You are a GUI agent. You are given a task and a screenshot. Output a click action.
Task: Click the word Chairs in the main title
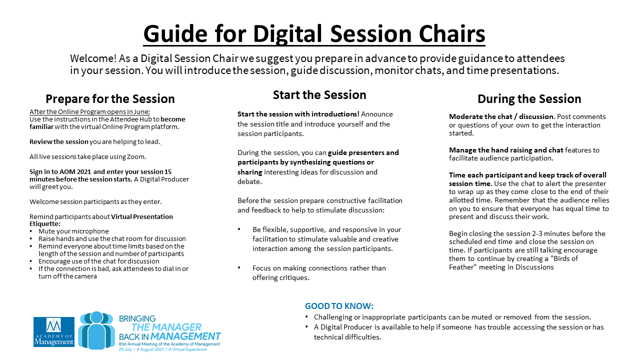[452, 33]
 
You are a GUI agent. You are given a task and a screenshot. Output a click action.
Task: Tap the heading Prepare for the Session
[110, 99]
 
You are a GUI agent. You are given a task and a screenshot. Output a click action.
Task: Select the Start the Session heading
[319, 95]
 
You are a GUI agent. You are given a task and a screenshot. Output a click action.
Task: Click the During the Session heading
[529, 99]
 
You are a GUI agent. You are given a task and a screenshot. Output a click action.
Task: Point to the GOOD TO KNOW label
[339, 306]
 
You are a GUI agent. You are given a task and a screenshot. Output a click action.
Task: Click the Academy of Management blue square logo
[54, 331]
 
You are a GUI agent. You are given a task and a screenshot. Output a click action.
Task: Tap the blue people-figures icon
[96, 330]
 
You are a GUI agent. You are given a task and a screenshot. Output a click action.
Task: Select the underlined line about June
[89, 111]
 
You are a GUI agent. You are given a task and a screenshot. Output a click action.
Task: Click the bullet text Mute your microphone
[73, 231]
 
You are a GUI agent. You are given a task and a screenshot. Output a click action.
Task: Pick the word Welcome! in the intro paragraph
[93, 58]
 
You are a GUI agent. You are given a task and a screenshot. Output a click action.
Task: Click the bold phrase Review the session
[59, 141]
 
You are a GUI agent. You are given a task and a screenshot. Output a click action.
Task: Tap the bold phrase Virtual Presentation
[142, 216]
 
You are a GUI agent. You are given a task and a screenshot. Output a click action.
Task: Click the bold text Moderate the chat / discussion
[502, 116]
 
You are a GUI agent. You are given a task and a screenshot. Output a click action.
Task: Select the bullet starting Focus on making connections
[319, 273]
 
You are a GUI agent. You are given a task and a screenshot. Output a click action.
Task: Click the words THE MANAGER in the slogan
[166, 327]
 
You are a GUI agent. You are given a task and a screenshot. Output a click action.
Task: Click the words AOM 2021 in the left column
[75, 171]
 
